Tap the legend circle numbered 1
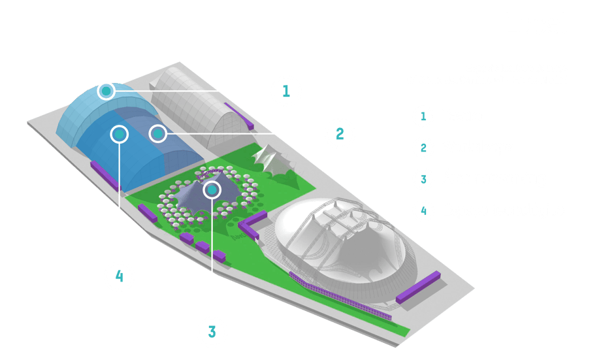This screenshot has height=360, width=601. click(423, 116)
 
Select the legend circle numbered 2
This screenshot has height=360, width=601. click(423, 148)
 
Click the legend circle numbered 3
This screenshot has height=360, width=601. click(423, 179)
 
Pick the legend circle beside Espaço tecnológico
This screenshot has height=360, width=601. click(423, 210)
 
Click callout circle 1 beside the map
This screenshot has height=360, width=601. click(285, 91)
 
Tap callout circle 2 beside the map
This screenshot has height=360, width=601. click(340, 135)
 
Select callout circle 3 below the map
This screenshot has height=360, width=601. click(212, 331)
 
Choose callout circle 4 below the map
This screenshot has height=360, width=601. click(119, 276)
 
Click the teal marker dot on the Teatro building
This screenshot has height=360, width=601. click(106, 90)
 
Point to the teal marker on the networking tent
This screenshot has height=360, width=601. click(212, 190)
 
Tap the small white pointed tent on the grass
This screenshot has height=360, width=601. click(270, 159)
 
